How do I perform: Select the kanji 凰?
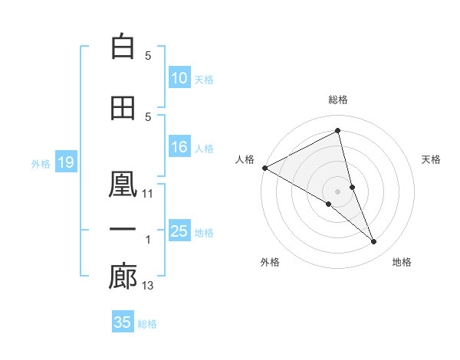pyautogui.click(x=123, y=185)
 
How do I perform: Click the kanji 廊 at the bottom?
pyautogui.click(x=123, y=277)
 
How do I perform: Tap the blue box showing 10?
pyautogui.click(x=179, y=78)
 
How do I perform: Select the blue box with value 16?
pyautogui.click(x=179, y=148)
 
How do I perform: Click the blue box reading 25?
pyautogui.click(x=179, y=231)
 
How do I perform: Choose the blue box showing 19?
pyautogui.click(x=65, y=162)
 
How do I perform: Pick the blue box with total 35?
pyautogui.click(x=123, y=322)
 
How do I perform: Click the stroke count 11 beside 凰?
pyautogui.click(x=148, y=194)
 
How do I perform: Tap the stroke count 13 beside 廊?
pyautogui.click(x=148, y=286)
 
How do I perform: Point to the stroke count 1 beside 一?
pyautogui.click(x=148, y=240)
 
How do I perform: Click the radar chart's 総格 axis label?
pyautogui.click(x=338, y=100)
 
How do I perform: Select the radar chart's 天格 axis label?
pyautogui.click(x=432, y=159)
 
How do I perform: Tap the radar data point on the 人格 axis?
pyautogui.click(x=264, y=167)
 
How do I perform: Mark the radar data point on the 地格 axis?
pyautogui.click(x=374, y=242)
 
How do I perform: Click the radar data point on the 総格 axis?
pyautogui.click(x=338, y=131)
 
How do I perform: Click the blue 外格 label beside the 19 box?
pyautogui.click(x=40, y=163)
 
